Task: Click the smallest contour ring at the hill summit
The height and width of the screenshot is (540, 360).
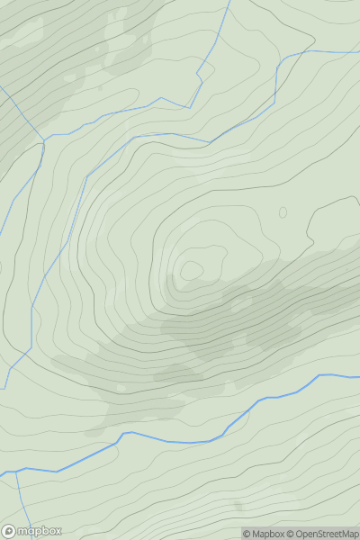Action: pyautogui.click(x=192, y=270)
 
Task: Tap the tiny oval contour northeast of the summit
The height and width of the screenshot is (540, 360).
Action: pyautogui.click(x=283, y=212)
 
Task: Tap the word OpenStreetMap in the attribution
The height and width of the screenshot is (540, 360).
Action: pyautogui.click(x=327, y=534)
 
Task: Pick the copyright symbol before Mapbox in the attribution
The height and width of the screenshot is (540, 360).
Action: pyautogui.click(x=247, y=534)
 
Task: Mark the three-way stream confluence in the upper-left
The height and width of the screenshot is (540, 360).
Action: pyautogui.click(x=42, y=139)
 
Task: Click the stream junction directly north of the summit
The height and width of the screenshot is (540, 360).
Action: pyautogui.click(x=210, y=142)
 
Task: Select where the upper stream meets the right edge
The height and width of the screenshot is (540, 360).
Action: pyautogui.click(x=359, y=50)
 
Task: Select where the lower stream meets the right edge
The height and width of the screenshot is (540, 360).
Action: pyautogui.click(x=359, y=375)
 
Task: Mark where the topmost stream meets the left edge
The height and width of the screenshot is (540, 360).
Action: pyautogui.click(x=1, y=88)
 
